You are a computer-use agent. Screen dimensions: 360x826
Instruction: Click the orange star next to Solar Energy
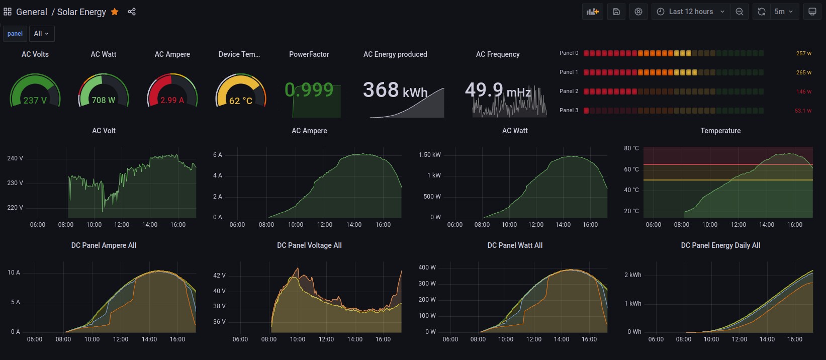(115, 12)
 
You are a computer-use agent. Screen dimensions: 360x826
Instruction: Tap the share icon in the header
(132, 12)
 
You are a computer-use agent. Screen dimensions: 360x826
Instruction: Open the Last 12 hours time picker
(691, 12)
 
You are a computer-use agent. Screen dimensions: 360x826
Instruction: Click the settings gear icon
(638, 12)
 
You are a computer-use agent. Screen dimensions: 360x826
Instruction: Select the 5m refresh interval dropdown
(783, 12)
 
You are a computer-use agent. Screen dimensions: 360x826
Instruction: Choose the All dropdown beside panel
(41, 34)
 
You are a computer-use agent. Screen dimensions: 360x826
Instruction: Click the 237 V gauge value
(35, 100)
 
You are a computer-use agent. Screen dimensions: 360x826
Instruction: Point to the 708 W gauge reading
(104, 100)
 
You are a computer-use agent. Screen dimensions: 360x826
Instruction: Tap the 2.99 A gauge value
(172, 100)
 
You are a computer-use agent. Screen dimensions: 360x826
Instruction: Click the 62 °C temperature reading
(241, 101)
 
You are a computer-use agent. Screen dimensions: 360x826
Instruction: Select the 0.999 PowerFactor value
(309, 90)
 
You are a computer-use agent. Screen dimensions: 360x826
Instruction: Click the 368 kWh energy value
(395, 91)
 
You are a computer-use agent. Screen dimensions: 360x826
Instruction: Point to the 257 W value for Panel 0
(803, 53)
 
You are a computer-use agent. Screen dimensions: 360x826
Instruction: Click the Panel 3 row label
(569, 110)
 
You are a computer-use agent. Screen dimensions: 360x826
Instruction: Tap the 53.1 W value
(803, 111)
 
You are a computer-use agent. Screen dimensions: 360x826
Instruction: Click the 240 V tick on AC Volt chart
(15, 158)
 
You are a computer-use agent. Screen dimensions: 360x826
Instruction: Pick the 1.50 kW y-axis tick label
(429, 155)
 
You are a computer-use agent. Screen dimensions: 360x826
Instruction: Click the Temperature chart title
(720, 131)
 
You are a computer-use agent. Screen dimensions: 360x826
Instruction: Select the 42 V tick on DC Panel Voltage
(219, 276)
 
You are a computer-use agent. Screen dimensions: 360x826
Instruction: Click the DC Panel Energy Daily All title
(720, 245)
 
